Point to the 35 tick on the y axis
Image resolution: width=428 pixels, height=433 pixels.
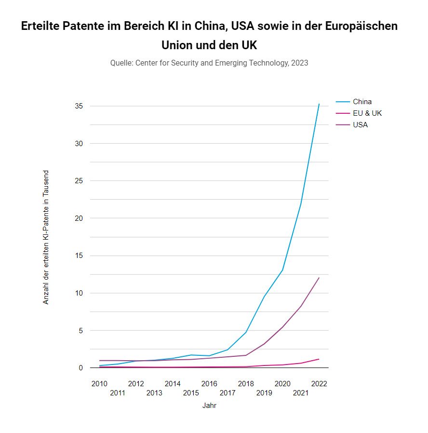pyautogui.click(x=79, y=106)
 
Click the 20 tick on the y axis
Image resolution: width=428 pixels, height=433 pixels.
pyautogui.click(x=79, y=218)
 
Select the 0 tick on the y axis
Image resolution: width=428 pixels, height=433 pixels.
pyautogui.click(x=80, y=368)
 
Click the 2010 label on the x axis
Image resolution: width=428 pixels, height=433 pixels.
pyautogui.click(x=99, y=384)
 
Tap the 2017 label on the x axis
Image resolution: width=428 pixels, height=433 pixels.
pyautogui.click(x=227, y=393)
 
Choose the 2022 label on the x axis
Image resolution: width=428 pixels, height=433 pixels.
pyautogui.click(x=319, y=384)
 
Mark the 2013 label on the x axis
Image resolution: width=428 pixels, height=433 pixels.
pyautogui.click(x=154, y=393)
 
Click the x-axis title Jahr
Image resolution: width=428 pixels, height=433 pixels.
pyautogui.click(x=209, y=406)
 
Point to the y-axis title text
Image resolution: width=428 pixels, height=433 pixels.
pyautogui.click(x=46, y=237)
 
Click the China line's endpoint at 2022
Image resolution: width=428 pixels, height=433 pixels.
pyautogui.click(x=319, y=104)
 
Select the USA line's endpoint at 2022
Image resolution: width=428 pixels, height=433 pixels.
pyautogui.click(x=319, y=277)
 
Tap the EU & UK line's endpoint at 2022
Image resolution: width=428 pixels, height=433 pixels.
pyautogui.click(x=319, y=359)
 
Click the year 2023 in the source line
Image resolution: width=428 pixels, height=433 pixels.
pyautogui.click(x=299, y=63)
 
